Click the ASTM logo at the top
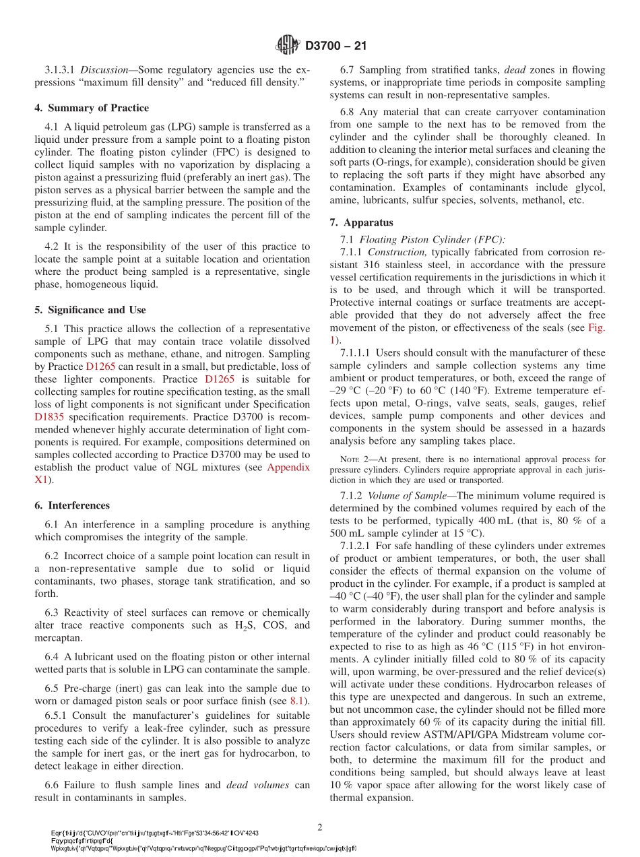tap(288, 46)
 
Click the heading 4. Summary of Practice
tap(92, 108)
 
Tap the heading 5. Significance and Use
tap(90, 310)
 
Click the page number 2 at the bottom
tap(320, 827)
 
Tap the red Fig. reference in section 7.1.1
tap(596, 327)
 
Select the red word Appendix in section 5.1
tap(288, 467)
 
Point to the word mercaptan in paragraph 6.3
tap(59, 638)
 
